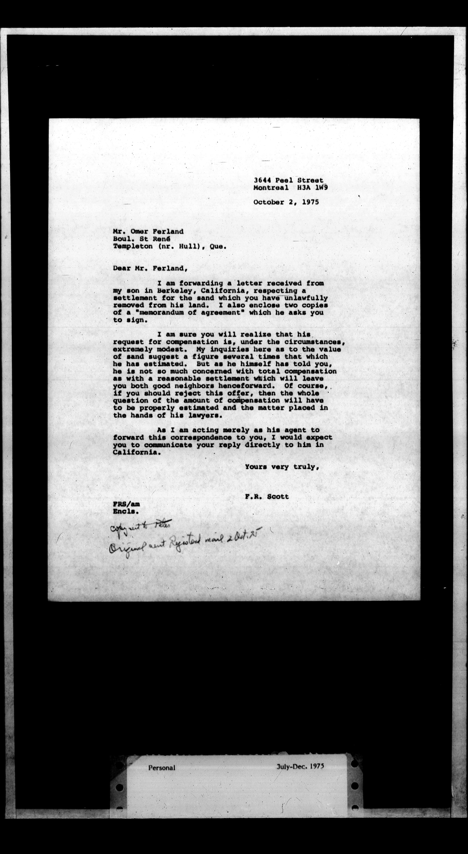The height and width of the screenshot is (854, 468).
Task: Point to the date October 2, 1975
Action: click(286, 202)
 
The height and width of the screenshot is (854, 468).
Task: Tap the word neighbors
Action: click(194, 386)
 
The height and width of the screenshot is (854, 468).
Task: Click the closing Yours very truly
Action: click(282, 467)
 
